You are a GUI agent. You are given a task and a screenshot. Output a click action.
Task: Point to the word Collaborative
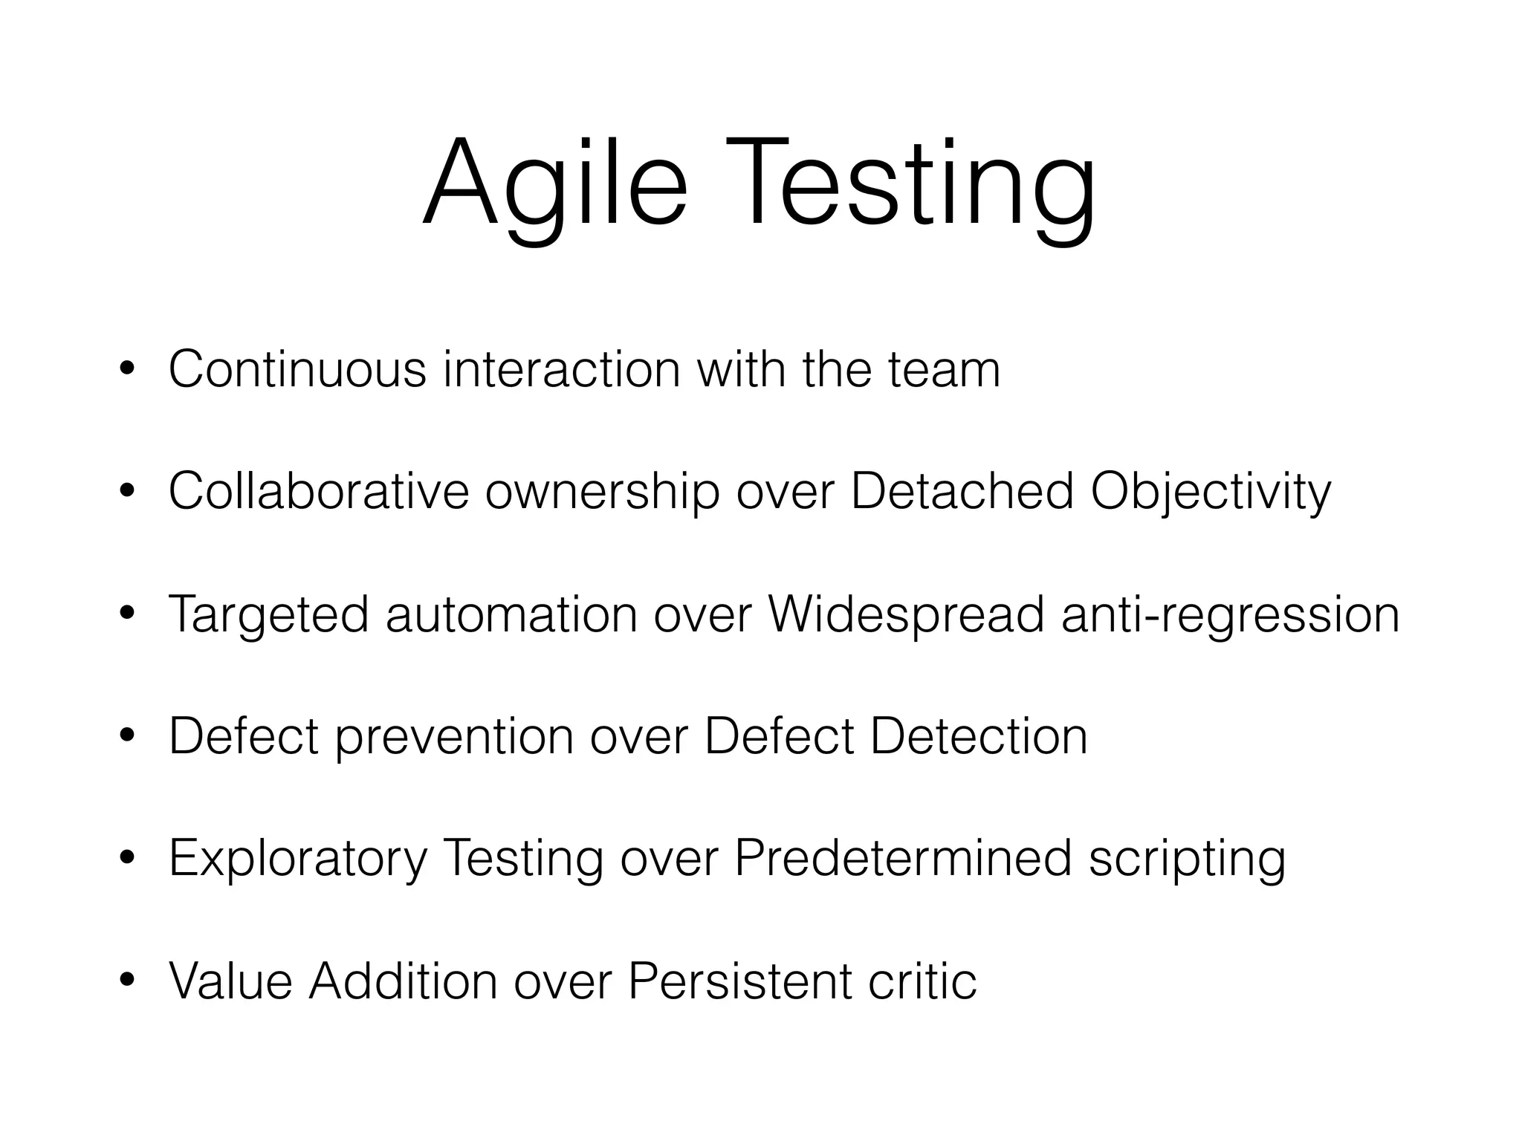318,491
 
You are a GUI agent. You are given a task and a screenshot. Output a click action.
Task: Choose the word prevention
454,737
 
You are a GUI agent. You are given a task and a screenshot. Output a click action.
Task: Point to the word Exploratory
298,860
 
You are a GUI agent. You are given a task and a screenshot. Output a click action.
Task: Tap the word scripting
1187,860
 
